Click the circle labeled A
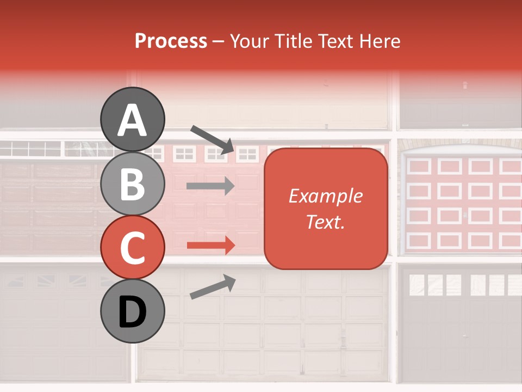133,119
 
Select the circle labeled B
133,183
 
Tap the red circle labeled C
133,247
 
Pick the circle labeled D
133,311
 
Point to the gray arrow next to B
210,186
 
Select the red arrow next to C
210,246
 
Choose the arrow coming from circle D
213,287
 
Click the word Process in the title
171,41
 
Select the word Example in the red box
326,196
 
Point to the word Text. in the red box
326,222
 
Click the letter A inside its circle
133,120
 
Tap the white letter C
133,248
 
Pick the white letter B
133,184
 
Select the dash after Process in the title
218,42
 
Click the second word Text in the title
333,41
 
